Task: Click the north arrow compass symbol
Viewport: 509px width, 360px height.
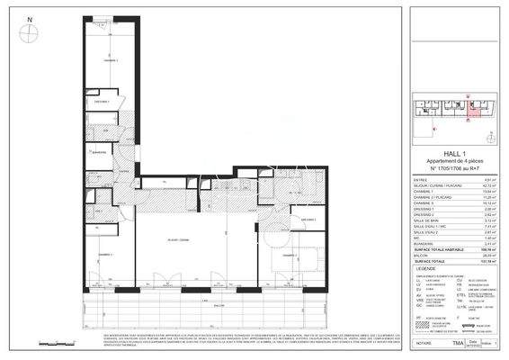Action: pos(32,30)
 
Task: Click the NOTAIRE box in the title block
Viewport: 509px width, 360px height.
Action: pos(422,344)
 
